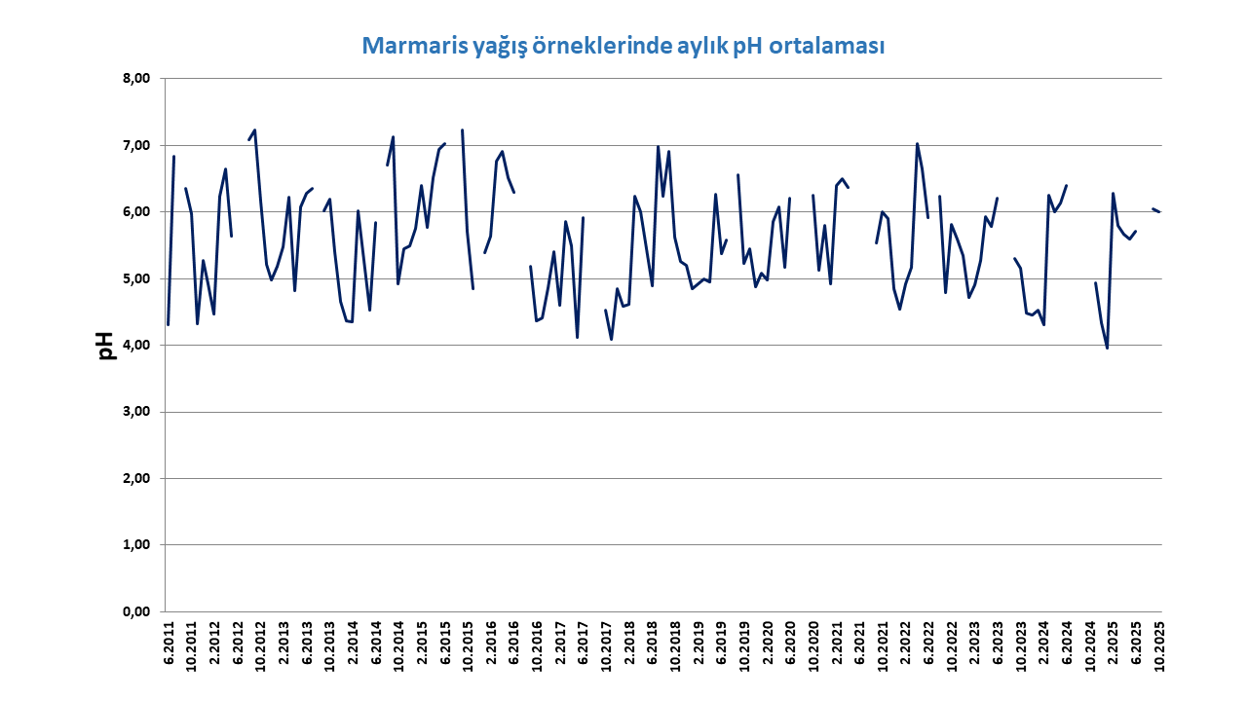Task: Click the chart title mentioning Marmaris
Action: point(623,46)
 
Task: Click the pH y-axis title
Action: point(107,345)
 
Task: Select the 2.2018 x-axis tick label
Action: point(629,644)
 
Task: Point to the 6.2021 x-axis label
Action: point(859,644)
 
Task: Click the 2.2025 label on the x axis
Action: point(1113,644)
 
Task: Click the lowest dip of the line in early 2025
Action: point(1107,348)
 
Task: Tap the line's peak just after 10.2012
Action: point(254,130)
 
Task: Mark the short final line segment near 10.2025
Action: point(1155,210)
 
